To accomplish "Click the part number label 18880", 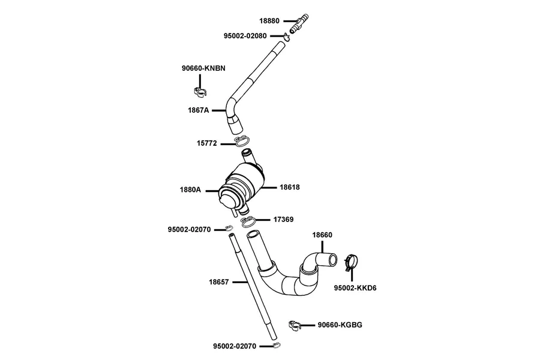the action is point(269,21).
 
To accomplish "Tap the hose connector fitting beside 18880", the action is point(299,23).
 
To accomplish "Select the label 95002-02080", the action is point(245,36).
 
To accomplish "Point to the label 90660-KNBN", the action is point(203,68).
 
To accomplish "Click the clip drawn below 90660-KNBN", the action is point(200,91).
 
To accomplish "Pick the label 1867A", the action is point(199,110).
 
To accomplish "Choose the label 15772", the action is point(207,143).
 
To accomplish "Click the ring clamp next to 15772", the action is point(242,141).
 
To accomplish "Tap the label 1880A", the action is point(190,190).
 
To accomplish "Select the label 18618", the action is point(290,187).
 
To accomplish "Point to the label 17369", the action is point(283,220).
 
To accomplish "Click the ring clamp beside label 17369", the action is point(248,221).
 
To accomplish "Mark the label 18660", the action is point(322,235).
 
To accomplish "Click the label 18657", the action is point(218,282).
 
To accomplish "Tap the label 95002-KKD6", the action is point(355,288).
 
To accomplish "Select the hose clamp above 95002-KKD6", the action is point(352,262).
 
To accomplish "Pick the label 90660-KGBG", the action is point(340,325).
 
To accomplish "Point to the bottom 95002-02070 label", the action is point(235,346).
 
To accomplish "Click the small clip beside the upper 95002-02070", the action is point(229,228).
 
